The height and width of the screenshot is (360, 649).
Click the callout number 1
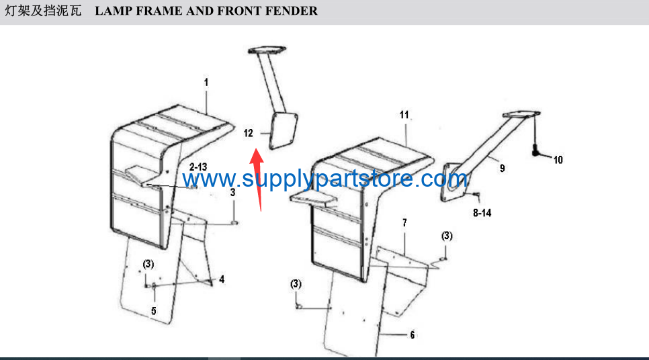(x=206, y=83)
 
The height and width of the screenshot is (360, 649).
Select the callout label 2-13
(x=198, y=167)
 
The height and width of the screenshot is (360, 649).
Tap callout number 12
(x=249, y=133)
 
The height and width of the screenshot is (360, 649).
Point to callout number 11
(x=404, y=115)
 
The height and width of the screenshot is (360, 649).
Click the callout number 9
(x=502, y=169)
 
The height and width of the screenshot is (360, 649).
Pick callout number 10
(x=558, y=160)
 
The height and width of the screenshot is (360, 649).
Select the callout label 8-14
(x=482, y=213)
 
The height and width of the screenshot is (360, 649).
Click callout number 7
(x=405, y=223)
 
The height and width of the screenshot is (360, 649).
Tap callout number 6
(x=413, y=334)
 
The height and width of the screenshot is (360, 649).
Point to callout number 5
(x=154, y=311)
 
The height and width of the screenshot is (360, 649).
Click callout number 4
(x=222, y=279)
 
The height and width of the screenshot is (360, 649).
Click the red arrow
(x=258, y=180)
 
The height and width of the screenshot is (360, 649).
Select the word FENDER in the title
(x=292, y=11)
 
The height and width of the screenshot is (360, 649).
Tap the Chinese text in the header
(x=42, y=11)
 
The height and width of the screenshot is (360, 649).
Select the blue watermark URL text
(x=325, y=179)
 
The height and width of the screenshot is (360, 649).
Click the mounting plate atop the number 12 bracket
(x=267, y=50)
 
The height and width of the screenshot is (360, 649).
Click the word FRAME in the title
(x=159, y=11)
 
